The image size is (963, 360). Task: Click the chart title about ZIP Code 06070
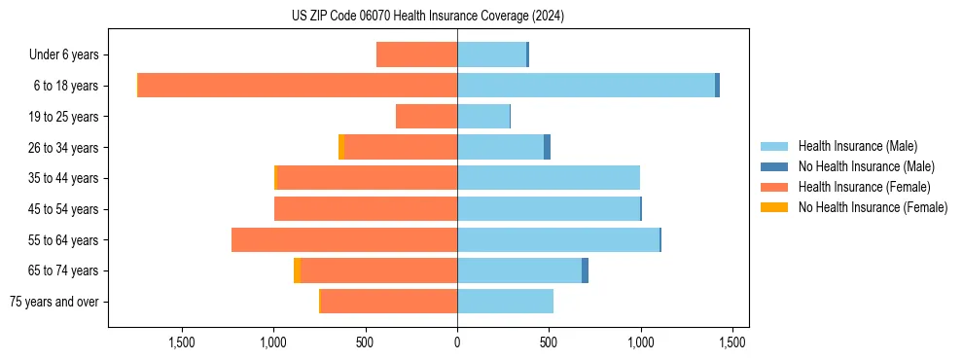[428, 17]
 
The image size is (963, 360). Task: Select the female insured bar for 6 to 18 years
[298, 86]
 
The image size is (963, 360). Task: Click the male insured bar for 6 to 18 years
[586, 86]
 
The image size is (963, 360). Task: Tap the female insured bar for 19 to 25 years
[426, 117]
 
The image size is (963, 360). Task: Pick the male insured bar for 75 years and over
[505, 302]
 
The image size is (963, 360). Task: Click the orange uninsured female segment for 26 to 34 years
[341, 147]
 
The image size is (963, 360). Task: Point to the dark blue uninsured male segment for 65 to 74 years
[586, 270]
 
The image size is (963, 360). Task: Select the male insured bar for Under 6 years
[491, 54]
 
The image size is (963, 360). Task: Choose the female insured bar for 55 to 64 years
[344, 239]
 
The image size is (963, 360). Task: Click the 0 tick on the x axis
[457, 342]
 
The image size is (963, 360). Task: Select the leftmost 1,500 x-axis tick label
[182, 342]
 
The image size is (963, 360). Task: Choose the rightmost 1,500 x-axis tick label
[731, 342]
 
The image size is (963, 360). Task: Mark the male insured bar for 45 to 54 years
[549, 209]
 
